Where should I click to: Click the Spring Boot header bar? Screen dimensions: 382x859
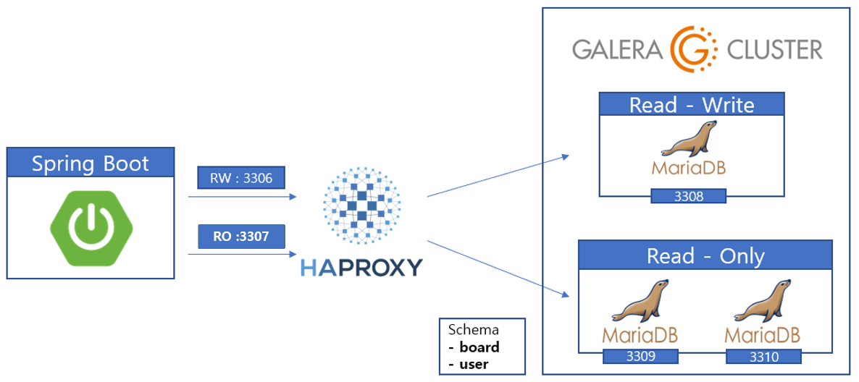(x=91, y=163)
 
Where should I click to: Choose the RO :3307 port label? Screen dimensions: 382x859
(x=242, y=237)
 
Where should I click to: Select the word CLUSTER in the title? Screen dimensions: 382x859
(x=771, y=50)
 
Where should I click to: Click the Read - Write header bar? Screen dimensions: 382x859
(x=692, y=105)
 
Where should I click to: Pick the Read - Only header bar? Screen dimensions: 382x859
(x=705, y=255)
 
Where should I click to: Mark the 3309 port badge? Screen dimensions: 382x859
(x=641, y=357)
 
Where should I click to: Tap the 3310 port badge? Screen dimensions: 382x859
(x=763, y=357)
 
